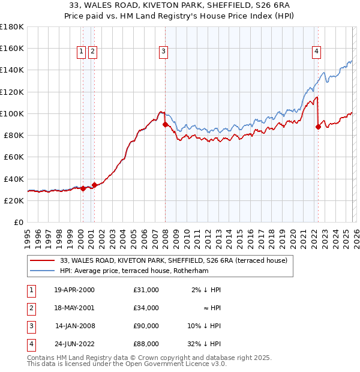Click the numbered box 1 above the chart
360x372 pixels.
click(x=81, y=52)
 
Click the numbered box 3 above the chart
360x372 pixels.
click(x=163, y=52)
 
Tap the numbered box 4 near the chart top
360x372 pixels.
click(x=316, y=52)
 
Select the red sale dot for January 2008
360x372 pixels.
click(x=165, y=124)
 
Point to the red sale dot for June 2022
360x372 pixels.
click(x=318, y=127)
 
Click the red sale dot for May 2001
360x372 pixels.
click(x=94, y=185)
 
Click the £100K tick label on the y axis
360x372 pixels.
click(x=11, y=113)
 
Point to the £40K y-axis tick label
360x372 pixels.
click(x=13, y=179)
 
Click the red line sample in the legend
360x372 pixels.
click(x=43, y=261)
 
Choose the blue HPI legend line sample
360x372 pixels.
click(x=43, y=271)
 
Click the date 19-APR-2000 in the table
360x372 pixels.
click(x=74, y=290)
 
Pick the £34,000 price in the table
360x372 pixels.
click(x=146, y=308)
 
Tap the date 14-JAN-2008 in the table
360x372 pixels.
click(x=74, y=326)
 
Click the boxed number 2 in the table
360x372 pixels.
click(x=30, y=308)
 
